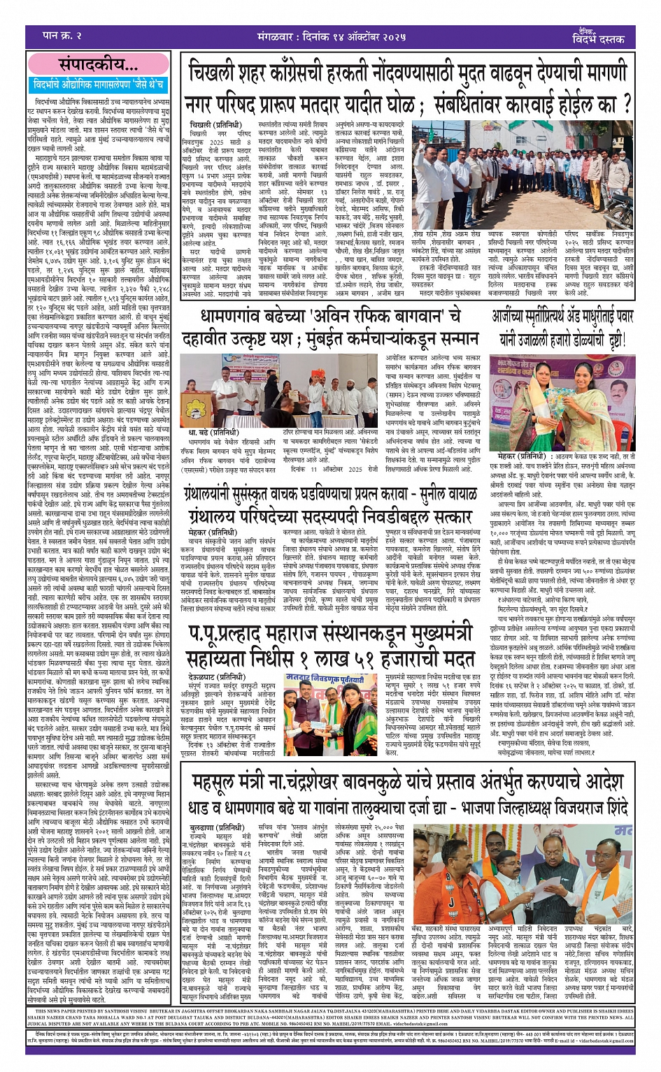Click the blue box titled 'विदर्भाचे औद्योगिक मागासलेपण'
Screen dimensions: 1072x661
pyautogui.click(x=99, y=85)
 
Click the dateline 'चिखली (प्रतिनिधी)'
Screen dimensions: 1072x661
pyautogui.click(x=210, y=124)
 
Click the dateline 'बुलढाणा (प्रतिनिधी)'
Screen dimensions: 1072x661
pyautogui.click(x=213, y=828)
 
